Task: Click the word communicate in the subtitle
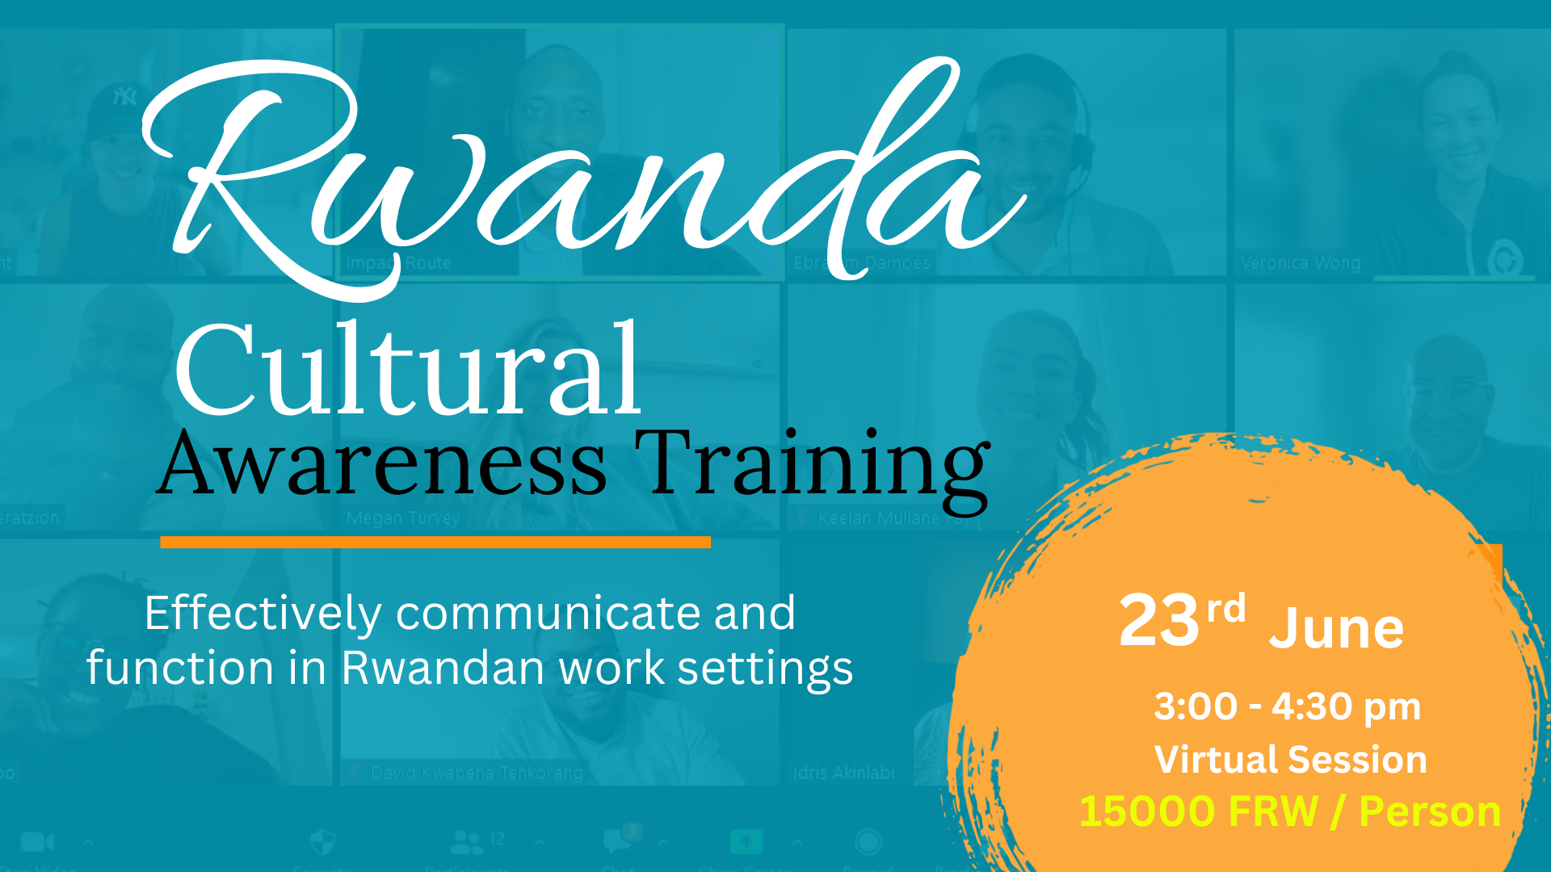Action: tap(549, 614)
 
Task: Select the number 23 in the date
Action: tap(1159, 622)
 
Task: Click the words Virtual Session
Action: tap(1290, 760)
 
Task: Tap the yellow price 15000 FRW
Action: tap(1198, 811)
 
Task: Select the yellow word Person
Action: tap(1430, 811)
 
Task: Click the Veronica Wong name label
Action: tap(1301, 263)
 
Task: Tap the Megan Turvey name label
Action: tap(403, 518)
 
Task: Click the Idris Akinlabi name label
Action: tap(844, 773)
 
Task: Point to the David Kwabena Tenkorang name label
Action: tap(477, 773)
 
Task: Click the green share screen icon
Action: tap(746, 842)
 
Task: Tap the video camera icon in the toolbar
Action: tap(36, 842)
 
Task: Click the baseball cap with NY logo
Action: tap(121, 105)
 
